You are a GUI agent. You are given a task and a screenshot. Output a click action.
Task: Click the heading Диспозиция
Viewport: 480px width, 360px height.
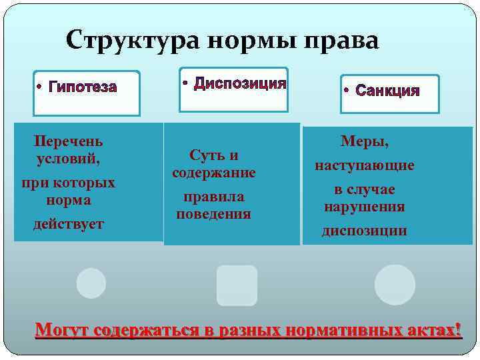click(240, 83)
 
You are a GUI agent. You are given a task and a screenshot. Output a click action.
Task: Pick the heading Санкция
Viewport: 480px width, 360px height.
click(387, 90)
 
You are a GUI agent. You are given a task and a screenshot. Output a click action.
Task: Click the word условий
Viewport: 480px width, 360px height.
click(69, 159)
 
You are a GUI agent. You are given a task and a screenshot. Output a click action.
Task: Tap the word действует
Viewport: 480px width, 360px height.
click(69, 224)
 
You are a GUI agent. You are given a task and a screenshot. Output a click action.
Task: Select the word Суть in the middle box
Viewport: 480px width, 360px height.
click(203, 155)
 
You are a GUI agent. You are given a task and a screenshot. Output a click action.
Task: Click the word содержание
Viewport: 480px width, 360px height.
click(214, 173)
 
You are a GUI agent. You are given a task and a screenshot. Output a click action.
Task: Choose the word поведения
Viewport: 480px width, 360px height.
click(214, 214)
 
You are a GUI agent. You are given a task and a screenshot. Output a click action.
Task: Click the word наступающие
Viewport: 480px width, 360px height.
click(365, 165)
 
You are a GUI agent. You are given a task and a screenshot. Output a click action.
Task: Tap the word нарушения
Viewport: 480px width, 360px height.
click(365, 207)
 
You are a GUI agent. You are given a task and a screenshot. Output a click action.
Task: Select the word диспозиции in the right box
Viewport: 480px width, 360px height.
click(365, 231)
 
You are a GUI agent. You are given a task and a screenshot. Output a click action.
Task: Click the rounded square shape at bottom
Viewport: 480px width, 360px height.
click(237, 285)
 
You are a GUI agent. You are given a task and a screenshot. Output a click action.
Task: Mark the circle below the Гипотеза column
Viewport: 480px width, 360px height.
click(91, 283)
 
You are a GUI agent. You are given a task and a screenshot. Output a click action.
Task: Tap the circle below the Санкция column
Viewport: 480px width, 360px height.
click(395, 285)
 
